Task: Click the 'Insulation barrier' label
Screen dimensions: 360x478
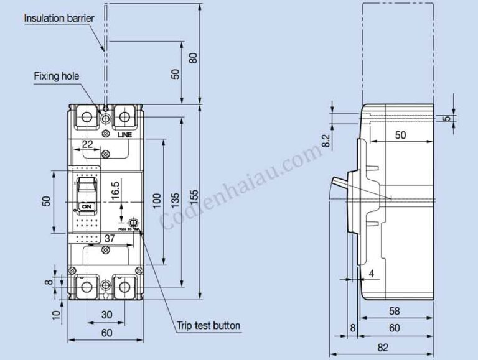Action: tap(59, 18)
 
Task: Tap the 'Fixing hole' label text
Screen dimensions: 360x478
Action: tap(57, 76)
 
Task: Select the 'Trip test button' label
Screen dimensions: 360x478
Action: tap(207, 325)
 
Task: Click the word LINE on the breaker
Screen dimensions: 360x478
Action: tap(123, 134)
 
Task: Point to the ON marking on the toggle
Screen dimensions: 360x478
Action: tap(87, 206)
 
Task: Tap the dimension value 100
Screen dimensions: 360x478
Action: tap(156, 199)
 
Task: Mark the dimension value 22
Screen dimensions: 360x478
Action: tap(88, 144)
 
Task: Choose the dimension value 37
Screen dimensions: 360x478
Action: tap(109, 238)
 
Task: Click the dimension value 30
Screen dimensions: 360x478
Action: tap(106, 315)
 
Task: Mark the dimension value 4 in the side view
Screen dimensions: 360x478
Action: tap(372, 273)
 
